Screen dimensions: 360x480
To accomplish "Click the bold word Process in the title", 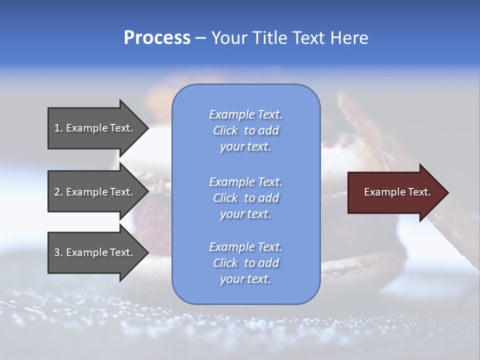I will click(x=157, y=38).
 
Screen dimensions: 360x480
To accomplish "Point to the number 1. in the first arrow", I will click(x=58, y=128).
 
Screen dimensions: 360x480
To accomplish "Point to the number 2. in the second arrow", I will click(x=58, y=192).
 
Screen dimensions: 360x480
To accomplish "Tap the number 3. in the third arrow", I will click(x=58, y=252).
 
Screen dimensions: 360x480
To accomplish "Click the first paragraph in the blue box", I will click(x=245, y=130).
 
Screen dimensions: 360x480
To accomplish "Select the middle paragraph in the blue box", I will click(x=245, y=198).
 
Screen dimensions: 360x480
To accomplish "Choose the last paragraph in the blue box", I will click(x=245, y=263).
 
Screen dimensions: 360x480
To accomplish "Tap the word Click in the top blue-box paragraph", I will click(x=225, y=130).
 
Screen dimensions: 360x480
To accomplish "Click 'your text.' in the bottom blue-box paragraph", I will click(x=245, y=279).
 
